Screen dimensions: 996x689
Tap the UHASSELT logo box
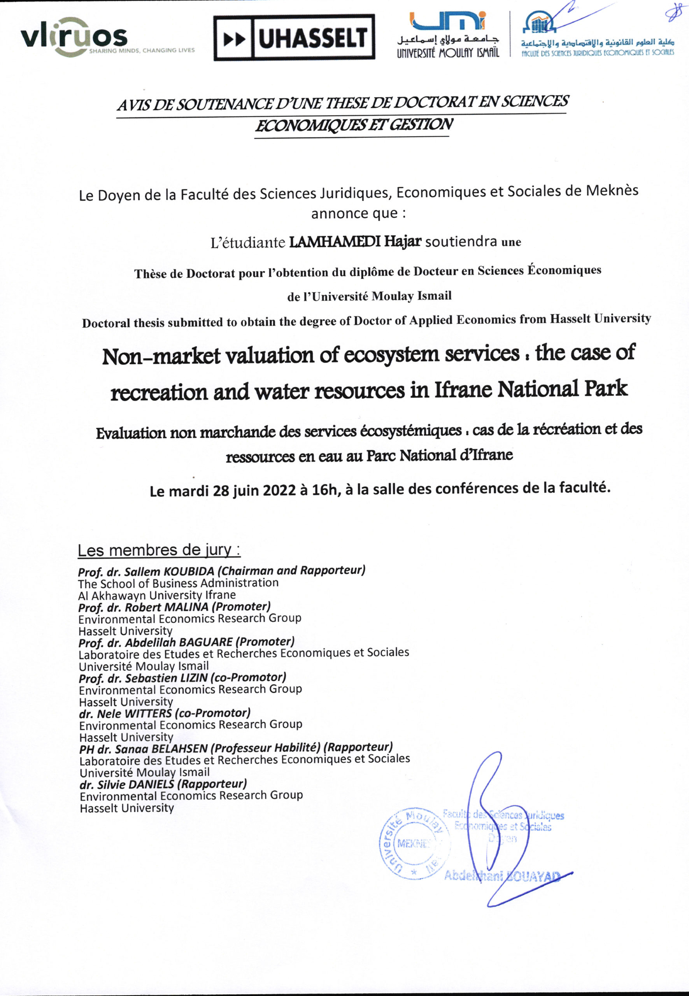point(294,38)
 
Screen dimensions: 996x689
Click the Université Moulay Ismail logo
point(448,35)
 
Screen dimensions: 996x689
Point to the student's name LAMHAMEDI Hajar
point(354,241)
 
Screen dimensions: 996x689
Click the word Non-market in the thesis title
point(161,357)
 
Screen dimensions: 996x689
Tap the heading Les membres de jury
point(158,550)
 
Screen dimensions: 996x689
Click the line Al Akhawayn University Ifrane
point(157,595)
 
